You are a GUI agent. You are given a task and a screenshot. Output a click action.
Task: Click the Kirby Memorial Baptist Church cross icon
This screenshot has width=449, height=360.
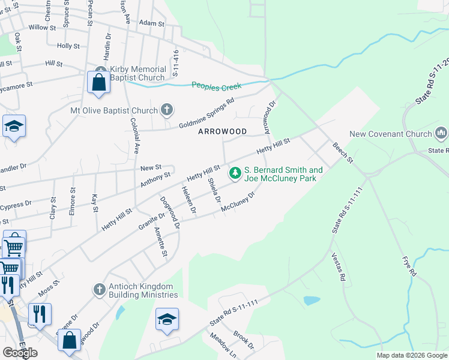(x=100, y=70)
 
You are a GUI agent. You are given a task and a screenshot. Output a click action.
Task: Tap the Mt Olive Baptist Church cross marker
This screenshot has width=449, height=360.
(x=167, y=110)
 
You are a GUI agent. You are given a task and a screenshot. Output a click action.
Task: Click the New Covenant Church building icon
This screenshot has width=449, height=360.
(x=442, y=131)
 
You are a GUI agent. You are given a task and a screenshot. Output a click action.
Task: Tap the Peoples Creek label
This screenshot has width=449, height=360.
(x=216, y=86)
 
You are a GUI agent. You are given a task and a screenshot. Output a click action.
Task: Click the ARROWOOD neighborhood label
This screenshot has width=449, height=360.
(x=222, y=131)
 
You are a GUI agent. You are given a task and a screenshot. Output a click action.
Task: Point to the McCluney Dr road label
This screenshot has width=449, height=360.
(x=238, y=201)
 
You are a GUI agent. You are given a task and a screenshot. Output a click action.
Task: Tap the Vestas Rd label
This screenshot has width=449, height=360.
(x=339, y=266)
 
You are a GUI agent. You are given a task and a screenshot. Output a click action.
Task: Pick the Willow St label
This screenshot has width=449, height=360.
(x=42, y=28)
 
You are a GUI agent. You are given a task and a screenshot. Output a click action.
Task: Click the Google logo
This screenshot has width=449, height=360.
(x=20, y=352)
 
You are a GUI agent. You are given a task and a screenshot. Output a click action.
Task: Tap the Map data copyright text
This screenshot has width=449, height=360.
(x=412, y=355)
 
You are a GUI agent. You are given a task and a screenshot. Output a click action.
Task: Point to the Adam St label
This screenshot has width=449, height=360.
(x=151, y=23)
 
